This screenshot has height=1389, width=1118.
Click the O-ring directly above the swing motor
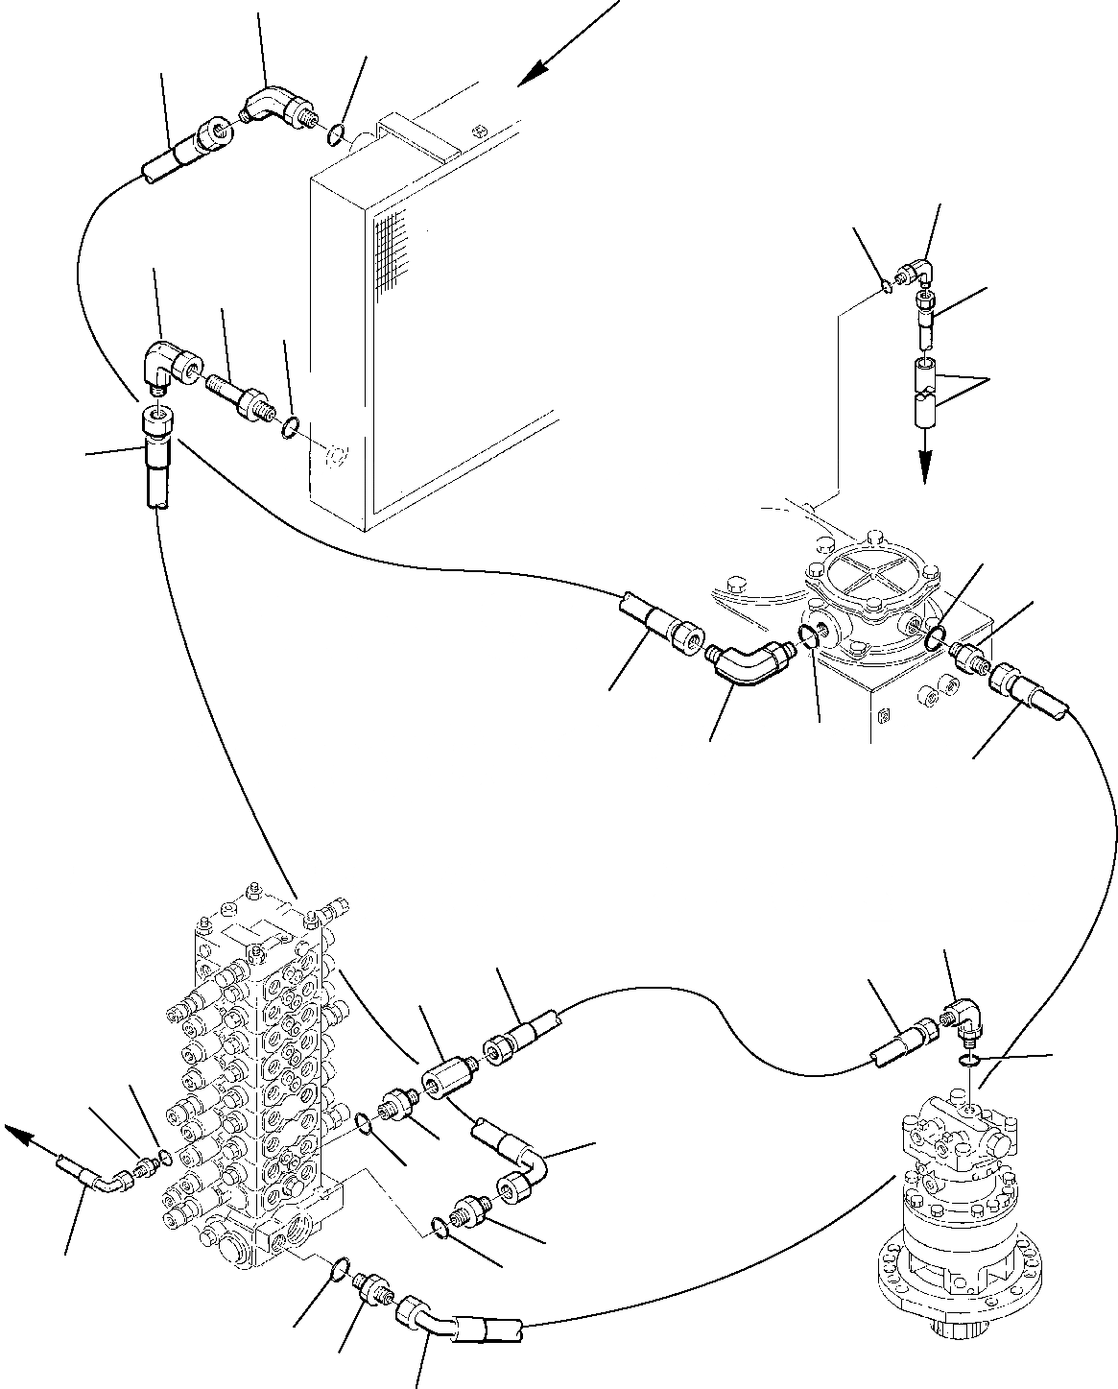pos(970,1059)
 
